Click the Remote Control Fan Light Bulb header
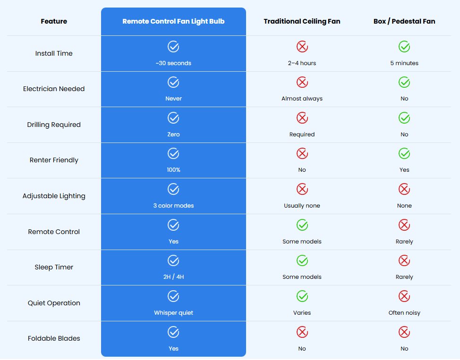pyautogui.click(x=173, y=21)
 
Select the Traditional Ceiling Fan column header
pyautogui.click(x=302, y=21)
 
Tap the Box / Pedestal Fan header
pyautogui.click(x=404, y=21)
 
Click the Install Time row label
pyautogui.click(x=54, y=53)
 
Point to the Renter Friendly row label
pyautogui.click(x=54, y=160)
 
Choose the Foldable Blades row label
pyautogui.click(x=54, y=338)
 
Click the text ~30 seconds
pyautogui.click(x=173, y=63)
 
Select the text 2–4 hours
pyautogui.click(x=302, y=63)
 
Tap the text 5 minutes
pyautogui.click(x=404, y=63)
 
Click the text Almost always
pyautogui.click(x=302, y=99)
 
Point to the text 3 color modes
pyautogui.click(x=173, y=206)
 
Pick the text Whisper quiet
pyautogui.click(x=173, y=313)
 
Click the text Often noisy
pyautogui.click(x=404, y=313)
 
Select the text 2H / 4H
pyautogui.click(x=173, y=277)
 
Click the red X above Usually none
pyautogui.click(x=302, y=189)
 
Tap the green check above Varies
pyautogui.click(x=302, y=296)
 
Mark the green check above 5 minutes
pyautogui.click(x=404, y=47)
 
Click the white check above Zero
pyautogui.click(x=173, y=118)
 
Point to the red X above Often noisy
pyautogui.click(x=404, y=296)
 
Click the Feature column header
pyautogui.click(x=54, y=21)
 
